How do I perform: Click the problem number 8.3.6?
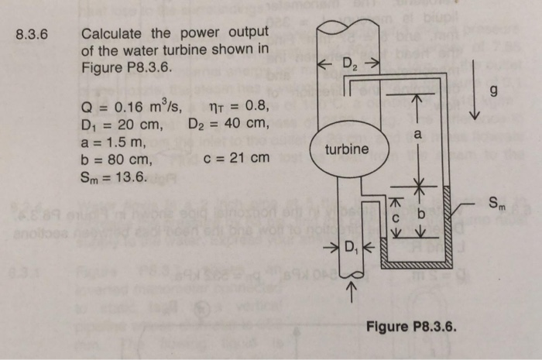pos(32,34)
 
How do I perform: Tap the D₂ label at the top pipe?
pos(348,63)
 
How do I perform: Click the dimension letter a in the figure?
pos(417,135)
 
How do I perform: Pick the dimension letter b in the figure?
pos(420,212)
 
